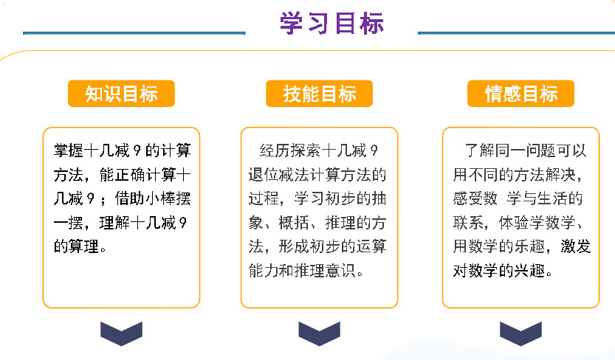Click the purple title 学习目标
331,23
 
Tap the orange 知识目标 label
121,94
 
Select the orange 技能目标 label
319,94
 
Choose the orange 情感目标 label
521,94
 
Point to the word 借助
130,198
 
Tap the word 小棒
160,198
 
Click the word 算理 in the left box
84,247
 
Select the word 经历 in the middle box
274,150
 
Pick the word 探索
305,150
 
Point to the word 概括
294,223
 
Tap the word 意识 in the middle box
340,271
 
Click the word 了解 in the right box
479,150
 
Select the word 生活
552,198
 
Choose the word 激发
576,247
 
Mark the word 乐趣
530,247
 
